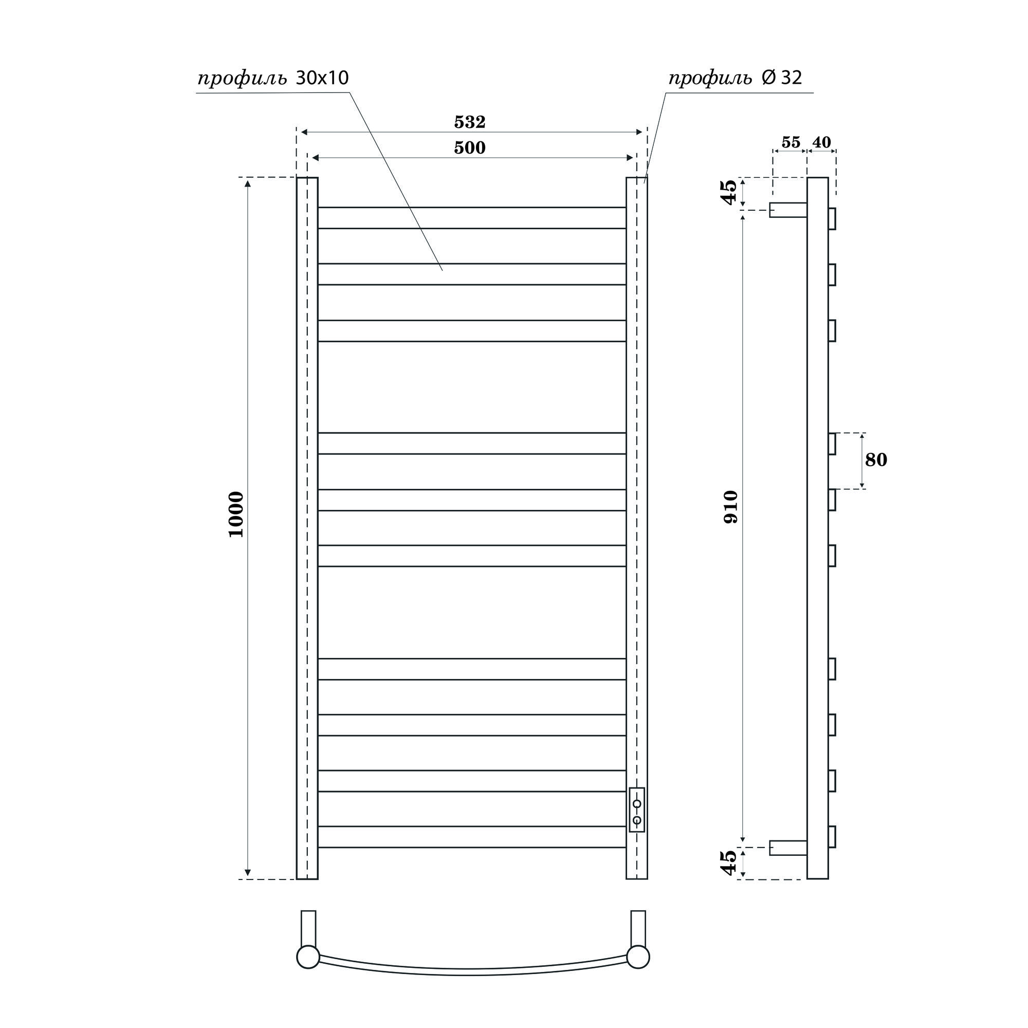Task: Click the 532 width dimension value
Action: (470, 122)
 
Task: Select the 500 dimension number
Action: (470, 148)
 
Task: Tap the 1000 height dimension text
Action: (236, 514)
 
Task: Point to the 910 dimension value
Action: (731, 507)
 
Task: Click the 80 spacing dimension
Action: (876, 460)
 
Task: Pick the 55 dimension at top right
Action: (791, 142)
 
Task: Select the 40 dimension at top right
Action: (821, 142)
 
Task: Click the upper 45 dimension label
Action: (729, 192)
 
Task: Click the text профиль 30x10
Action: (273, 79)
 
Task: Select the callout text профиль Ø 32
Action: (735, 79)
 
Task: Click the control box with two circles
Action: (637, 810)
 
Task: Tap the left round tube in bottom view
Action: (308, 971)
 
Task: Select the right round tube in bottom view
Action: (638, 971)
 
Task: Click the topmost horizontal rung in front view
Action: (471, 217)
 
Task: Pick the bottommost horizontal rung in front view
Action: (471, 836)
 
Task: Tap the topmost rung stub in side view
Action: (832, 218)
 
